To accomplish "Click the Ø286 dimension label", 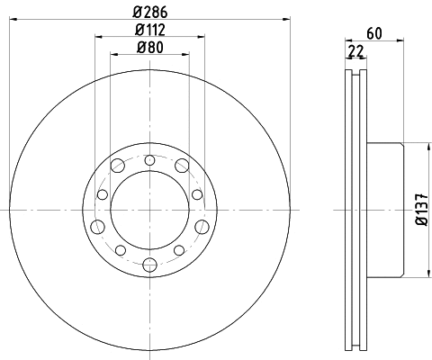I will click(149, 13).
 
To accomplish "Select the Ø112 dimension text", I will click(149, 31).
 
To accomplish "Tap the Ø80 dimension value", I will click(149, 49).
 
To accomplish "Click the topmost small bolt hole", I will click(148, 158).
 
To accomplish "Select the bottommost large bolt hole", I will click(148, 264).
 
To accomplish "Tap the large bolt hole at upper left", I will click(118, 165).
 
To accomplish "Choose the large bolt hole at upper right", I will click(181, 165).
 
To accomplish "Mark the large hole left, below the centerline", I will click(97, 225).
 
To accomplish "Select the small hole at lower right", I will click(179, 249).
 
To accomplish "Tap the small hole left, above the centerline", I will click(101, 193).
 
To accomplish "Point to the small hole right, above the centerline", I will click(197, 193).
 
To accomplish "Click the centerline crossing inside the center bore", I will click(148, 211).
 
